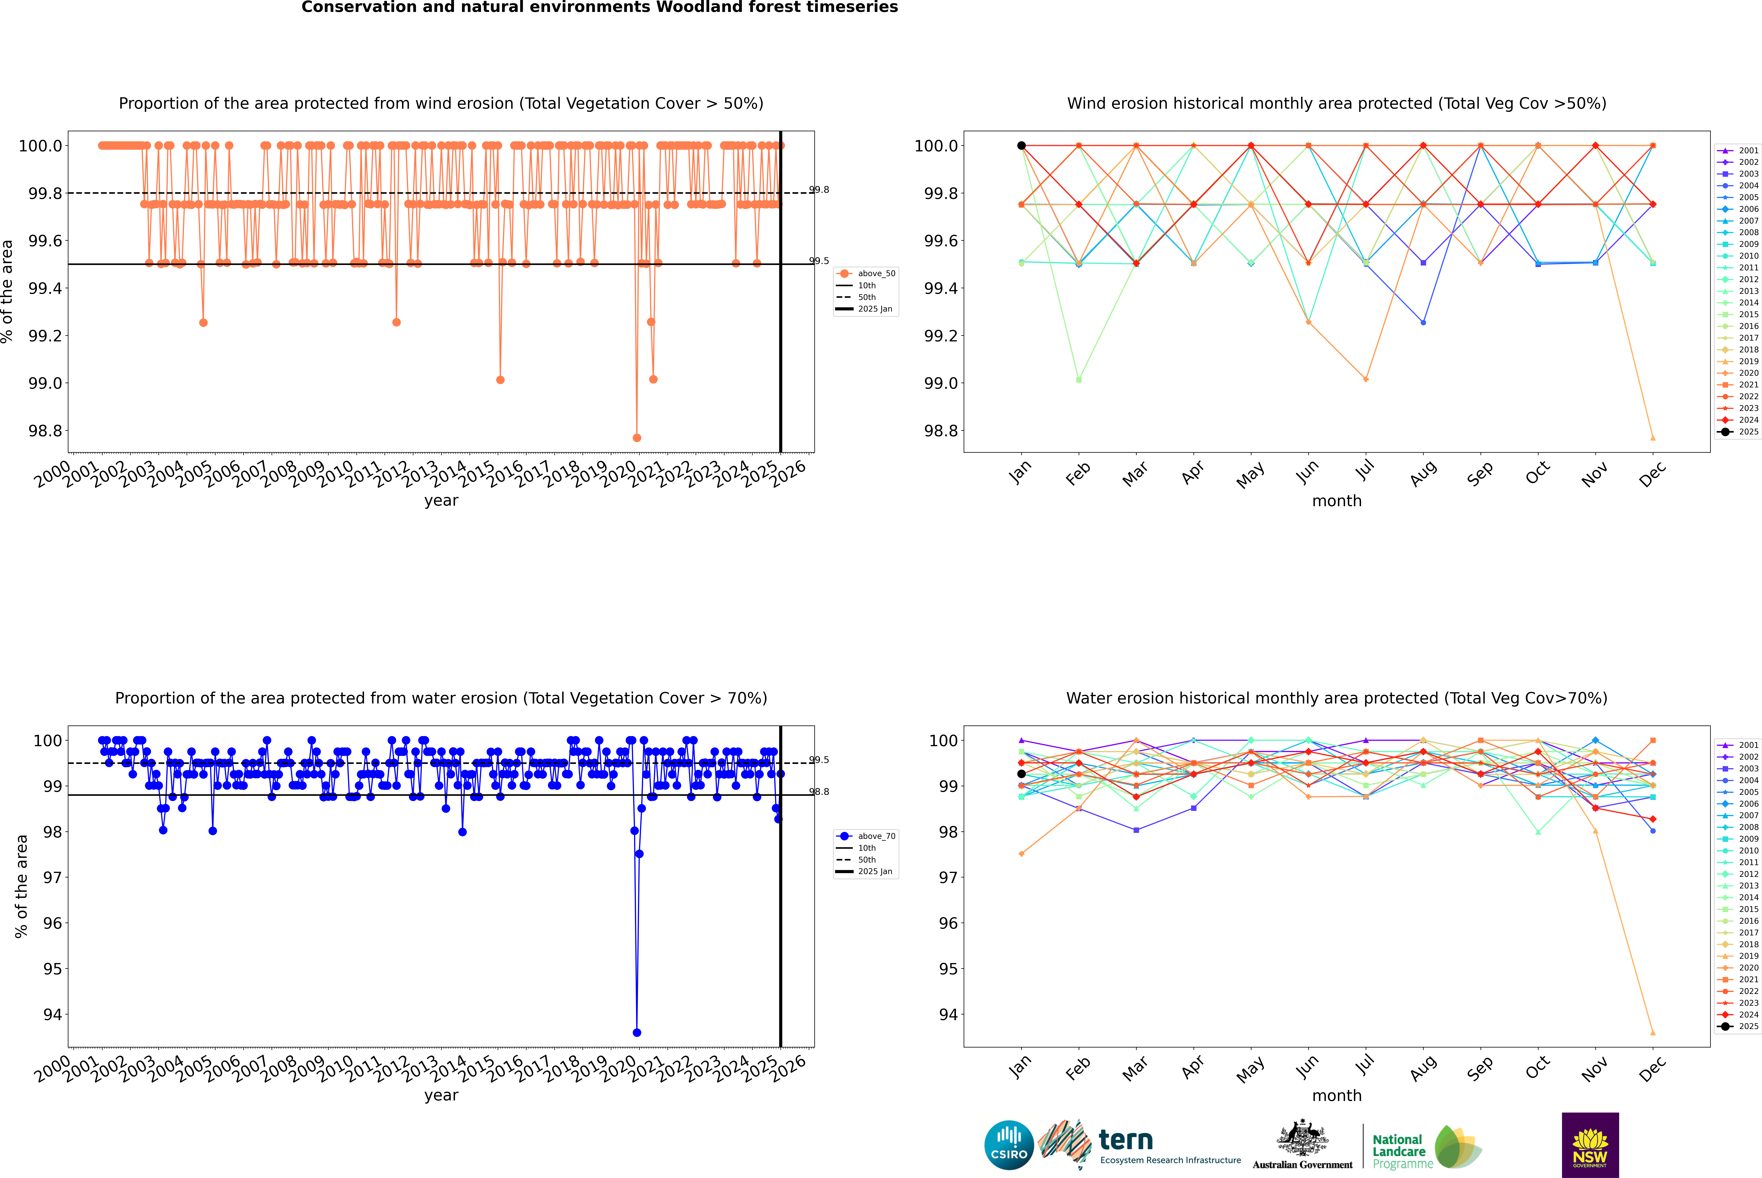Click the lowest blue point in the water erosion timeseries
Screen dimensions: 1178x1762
[637, 1032]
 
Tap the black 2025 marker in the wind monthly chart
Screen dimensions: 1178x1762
[1021, 146]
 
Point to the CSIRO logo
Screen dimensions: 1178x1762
[1009, 1145]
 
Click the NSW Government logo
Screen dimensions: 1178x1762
[1590, 1145]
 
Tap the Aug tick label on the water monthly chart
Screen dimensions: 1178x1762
[1423, 1068]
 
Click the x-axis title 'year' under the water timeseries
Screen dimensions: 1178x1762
[441, 1095]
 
